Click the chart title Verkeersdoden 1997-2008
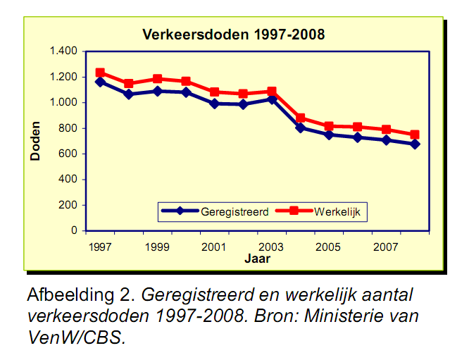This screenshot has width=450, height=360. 234,34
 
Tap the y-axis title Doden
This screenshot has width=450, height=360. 35,141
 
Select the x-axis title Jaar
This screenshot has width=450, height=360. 257,259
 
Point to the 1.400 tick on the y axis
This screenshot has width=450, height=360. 64,51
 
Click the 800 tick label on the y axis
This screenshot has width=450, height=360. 69,128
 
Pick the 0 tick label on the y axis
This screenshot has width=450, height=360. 75,230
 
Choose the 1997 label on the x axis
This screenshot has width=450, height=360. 101,247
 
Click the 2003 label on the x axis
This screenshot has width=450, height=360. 271,247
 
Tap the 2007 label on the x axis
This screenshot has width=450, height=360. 385,247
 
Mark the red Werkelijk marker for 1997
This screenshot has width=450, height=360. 100,73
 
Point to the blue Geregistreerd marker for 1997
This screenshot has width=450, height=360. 100,82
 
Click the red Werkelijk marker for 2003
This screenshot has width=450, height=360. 271,92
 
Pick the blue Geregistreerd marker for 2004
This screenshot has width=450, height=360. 300,128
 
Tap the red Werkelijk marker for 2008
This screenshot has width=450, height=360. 415,135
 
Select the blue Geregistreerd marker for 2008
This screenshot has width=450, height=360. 415,144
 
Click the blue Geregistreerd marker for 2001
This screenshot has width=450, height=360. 214,104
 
